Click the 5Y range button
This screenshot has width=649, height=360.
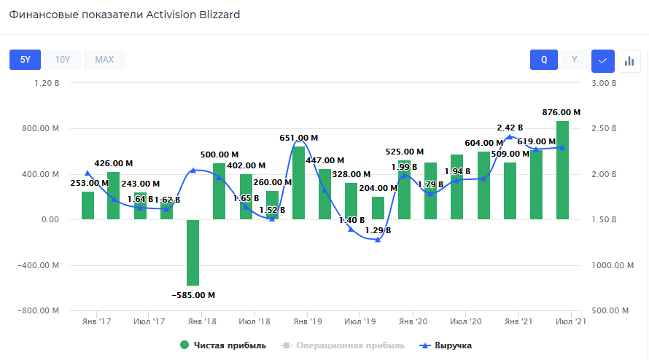click(x=25, y=60)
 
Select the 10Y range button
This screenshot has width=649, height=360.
click(x=63, y=60)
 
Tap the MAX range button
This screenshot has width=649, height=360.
click(x=104, y=60)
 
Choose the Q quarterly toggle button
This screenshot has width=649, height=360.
click(x=544, y=60)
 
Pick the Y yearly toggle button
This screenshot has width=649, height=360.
click(x=575, y=60)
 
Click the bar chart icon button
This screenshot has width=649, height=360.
click(x=629, y=60)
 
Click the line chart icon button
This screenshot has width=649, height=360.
click(x=602, y=60)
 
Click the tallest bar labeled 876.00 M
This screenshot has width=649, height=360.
click(x=562, y=170)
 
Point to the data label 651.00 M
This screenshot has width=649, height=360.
click(x=299, y=138)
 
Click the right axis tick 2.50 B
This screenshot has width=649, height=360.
click(x=604, y=129)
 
